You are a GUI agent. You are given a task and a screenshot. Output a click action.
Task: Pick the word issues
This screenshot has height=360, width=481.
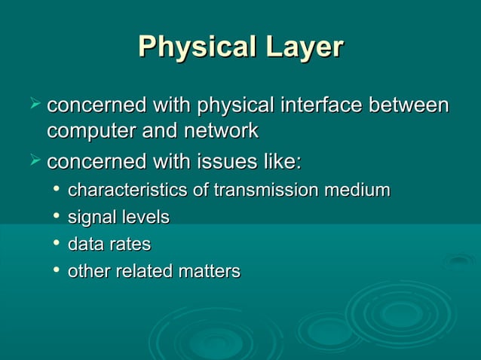pos(228,163)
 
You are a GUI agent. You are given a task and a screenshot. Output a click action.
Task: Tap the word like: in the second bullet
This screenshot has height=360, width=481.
pos(282,163)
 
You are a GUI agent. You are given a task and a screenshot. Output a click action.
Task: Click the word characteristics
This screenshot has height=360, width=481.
pos(128,190)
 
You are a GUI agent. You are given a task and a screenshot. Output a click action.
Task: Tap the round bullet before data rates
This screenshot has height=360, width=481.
pos(56,244)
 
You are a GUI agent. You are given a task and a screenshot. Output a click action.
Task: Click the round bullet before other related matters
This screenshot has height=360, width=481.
pos(56,270)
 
